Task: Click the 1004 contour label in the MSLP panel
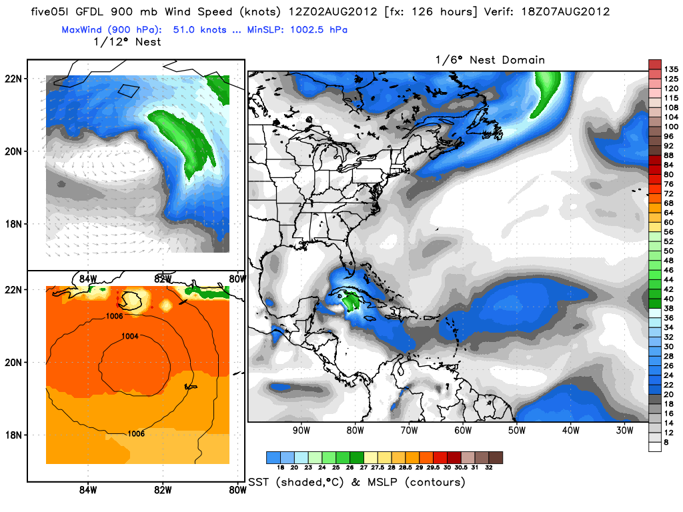[131, 337]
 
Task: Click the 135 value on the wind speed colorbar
[671, 69]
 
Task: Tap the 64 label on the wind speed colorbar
[671, 212]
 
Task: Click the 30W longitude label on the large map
[624, 430]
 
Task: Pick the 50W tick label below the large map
[516, 430]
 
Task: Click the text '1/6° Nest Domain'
[490, 60]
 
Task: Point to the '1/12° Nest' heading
[129, 42]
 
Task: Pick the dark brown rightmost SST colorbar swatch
[496, 457]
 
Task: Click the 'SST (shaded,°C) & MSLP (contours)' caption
[356, 482]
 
